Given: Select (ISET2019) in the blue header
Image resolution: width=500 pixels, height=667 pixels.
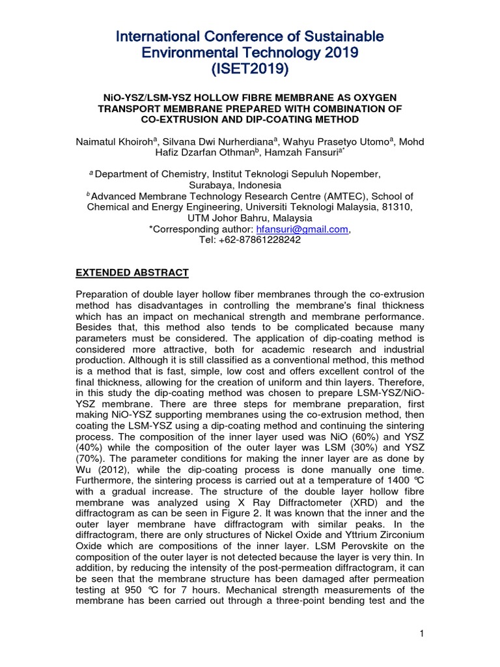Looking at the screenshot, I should [x=249, y=68].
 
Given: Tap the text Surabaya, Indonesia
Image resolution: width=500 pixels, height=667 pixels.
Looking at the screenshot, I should [x=249, y=184].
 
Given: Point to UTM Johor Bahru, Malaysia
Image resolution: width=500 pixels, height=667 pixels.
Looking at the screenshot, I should [x=249, y=218].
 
